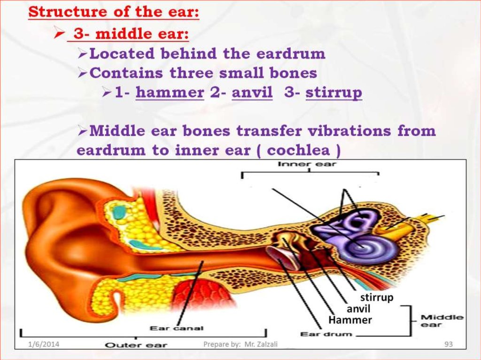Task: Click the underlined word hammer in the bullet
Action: click(x=170, y=92)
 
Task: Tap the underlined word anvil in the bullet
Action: click(x=252, y=92)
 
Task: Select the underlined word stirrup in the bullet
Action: click(x=334, y=93)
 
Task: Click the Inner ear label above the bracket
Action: click(x=307, y=164)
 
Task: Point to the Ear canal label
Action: click(x=177, y=328)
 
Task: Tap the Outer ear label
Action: click(x=136, y=345)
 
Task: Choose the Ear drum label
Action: click(x=326, y=334)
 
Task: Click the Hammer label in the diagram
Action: click(x=350, y=320)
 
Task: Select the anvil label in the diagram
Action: click(x=358, y=308)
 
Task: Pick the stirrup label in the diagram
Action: click(x=376, y=298)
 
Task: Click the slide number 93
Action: click(x=449, y=345)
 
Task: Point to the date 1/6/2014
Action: click(x=44, y=345)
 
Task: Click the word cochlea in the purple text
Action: click(x=298, y=150)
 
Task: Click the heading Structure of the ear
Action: click(x=114, y=12)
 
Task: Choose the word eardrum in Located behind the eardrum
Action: click(x=290, y=54)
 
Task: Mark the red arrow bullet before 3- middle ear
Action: click(x=59, y=32)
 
